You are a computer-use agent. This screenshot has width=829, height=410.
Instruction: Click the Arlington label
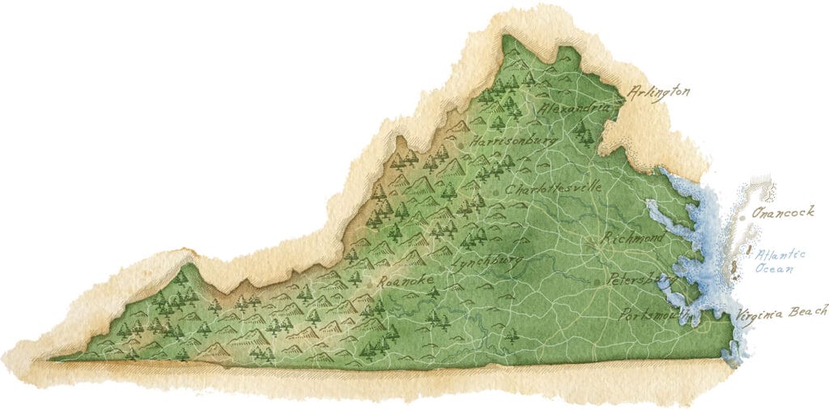point(660,92)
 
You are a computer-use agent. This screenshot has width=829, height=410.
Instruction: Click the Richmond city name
point(633,237)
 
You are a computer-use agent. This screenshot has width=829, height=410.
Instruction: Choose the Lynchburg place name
point(488,263)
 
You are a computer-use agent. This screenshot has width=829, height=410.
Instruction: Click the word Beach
point(810,310)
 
